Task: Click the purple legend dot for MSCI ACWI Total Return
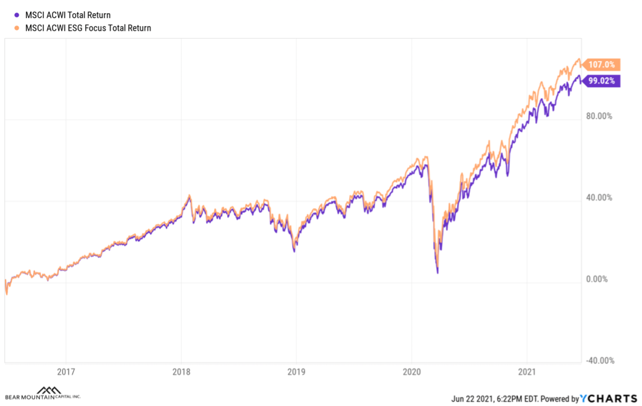(18, 15)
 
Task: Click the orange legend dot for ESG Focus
(18, 28)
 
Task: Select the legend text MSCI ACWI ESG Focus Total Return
(88, 28)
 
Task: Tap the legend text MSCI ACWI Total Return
(68, 15)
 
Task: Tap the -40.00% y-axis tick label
(601, 360)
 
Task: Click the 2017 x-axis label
(66, 372)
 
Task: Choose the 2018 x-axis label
(181, 372)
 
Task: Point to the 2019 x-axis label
(296, 372)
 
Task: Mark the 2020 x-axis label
(412, 372)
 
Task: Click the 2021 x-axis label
(527, 372)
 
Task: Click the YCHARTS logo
(608, 399)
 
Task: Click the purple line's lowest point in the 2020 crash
(437, 273)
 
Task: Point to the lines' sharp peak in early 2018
(189, 196)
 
